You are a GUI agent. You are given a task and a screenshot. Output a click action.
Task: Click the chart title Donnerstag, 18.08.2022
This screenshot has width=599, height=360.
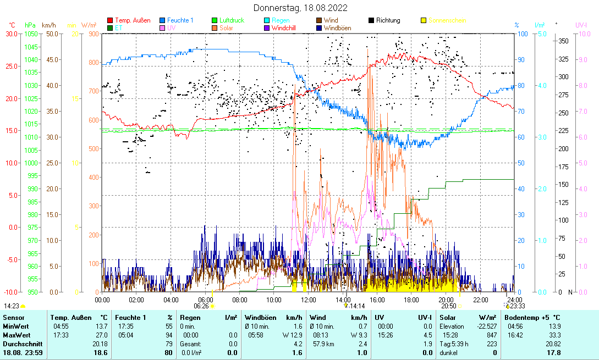(300, 8)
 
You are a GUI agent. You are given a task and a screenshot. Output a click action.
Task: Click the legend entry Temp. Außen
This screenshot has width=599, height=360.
(133, 20)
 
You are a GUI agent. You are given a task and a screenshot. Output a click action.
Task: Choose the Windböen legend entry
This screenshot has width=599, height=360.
(337, 27)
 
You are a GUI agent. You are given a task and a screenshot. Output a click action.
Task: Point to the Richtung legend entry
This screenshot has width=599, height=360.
(388, 20)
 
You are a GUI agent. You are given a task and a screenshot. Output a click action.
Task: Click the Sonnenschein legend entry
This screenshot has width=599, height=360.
(447, 20)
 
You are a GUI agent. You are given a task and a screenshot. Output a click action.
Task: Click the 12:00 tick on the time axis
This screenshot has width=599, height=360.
(309, 300)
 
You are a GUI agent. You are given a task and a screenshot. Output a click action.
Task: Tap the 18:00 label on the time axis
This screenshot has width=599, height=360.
(411, 300)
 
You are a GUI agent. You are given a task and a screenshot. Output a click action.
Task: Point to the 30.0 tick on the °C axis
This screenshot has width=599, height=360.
(11, 34)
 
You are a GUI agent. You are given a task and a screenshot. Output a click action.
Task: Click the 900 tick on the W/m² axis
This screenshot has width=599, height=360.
(93, 34)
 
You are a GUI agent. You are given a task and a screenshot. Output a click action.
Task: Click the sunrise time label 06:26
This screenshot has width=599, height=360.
(202, 306)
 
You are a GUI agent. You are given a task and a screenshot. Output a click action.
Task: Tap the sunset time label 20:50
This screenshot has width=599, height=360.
(448, 306)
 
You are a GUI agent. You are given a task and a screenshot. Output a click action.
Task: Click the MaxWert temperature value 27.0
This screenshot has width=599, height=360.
(102, 335)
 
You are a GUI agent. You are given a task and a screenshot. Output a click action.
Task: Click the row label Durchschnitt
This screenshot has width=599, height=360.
(20, 344)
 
